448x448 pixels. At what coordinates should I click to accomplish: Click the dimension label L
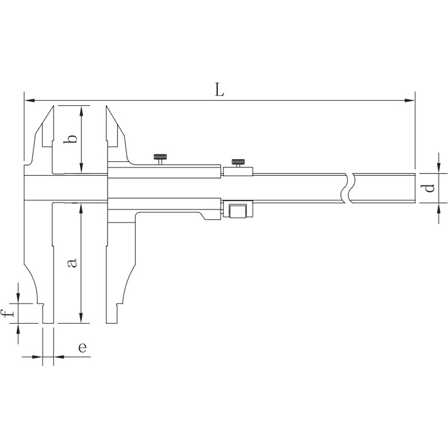(220, 90)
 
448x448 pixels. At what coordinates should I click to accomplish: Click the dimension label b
(71, 138)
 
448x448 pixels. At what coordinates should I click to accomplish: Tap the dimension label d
(428, 188)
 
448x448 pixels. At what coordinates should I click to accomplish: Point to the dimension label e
(82, 347)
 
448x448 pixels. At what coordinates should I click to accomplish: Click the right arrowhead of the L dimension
(409, 101)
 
